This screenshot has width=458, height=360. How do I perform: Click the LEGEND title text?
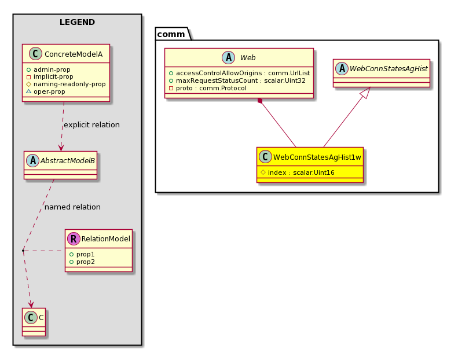(x=77, y=22)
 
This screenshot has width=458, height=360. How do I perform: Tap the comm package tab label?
(x=171, y=34)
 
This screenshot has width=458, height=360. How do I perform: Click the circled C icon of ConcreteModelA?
(x=36, y=54)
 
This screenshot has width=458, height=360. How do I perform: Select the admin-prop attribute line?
(x=49, y=69)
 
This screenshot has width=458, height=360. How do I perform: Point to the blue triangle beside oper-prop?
(x=28, y=91)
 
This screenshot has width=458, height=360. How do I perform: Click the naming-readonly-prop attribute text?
(x=69, y=84)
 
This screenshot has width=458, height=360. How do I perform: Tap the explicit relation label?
(x=91, y=125)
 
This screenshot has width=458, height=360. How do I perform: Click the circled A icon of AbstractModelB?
(x=32, y=160)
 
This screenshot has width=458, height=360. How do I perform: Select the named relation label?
(x=72, y=207)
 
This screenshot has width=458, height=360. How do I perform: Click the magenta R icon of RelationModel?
(x=74, y=239)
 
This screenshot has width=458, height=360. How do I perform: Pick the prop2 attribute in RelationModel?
(x=82, y=262)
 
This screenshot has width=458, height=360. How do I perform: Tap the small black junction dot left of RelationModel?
(x=23, y=251)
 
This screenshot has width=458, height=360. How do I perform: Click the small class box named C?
(x=34, y=322)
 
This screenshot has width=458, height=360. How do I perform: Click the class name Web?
(x=248, y=58)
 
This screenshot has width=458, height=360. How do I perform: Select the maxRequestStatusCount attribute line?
(x=237, y=80)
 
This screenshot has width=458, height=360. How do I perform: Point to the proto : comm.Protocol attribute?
(x=208, y=88)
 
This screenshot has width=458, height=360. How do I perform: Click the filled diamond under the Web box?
(x=260, y=101)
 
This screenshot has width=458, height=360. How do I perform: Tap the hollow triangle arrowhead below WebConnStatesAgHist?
(x=366, y=93)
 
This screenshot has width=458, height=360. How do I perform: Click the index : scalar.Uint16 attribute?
(x=298, y=172)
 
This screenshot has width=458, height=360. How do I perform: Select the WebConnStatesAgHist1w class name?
(x=317, y=157)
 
